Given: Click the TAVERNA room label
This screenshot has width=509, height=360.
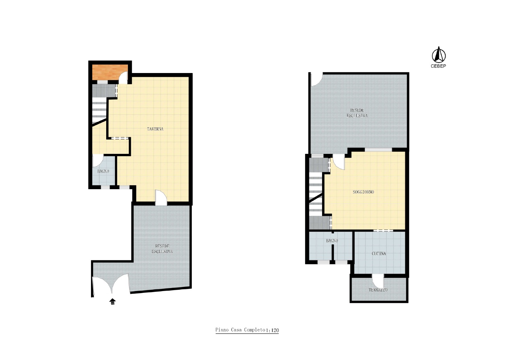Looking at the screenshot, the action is [155, 129].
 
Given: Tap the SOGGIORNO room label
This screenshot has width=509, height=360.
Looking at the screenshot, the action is [363, 192].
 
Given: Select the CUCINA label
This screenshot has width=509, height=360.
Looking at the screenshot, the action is [379, 253].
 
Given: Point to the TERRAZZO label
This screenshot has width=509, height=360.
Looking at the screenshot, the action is [378, 290].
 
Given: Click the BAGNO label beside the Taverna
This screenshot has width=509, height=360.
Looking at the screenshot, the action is [103, 171].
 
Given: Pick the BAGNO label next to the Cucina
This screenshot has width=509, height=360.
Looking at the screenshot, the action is [332, 240].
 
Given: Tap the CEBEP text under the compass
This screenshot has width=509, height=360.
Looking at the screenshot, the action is [438, 66].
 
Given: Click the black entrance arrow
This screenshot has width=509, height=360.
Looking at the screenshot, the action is [112, 302].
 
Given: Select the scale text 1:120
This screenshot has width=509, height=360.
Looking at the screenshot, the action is [272, 330].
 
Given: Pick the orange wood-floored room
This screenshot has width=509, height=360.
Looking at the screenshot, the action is [110, 72].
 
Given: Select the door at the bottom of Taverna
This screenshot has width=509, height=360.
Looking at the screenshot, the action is [161, 197].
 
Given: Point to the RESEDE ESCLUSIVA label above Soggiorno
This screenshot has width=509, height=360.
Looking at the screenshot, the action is [357, 113].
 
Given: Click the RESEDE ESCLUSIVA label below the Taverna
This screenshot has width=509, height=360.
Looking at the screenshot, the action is [162, 249].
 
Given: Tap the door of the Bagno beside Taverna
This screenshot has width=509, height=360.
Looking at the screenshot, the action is [98, 161].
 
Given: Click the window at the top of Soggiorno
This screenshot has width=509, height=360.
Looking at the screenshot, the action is [378, 149].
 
